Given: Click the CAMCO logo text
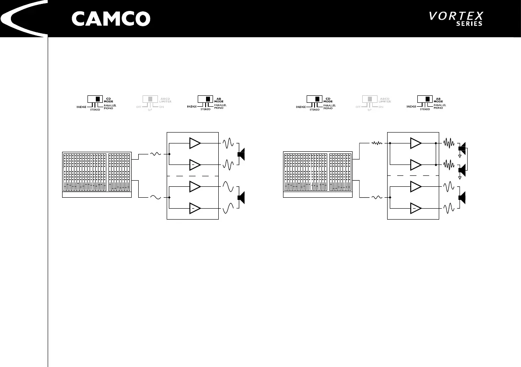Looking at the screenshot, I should click(111, 19).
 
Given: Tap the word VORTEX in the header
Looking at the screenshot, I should click(456, 17).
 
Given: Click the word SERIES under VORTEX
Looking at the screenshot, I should click(469, 24).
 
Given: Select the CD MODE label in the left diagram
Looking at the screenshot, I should click(109, 100).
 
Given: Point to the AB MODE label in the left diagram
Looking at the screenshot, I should click(220, 100).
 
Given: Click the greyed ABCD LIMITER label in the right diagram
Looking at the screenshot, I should click(385, 100).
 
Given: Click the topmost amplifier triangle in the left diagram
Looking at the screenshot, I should click(195, 143).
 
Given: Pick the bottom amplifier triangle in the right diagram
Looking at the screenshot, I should click(416, 209).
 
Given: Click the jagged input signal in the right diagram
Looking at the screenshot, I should click(377, 143).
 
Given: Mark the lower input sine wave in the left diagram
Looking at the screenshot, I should click(156, 197).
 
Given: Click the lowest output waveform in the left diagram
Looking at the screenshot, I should click(229, 209).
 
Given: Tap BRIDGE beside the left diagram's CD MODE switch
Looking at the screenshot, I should click(81, 107).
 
